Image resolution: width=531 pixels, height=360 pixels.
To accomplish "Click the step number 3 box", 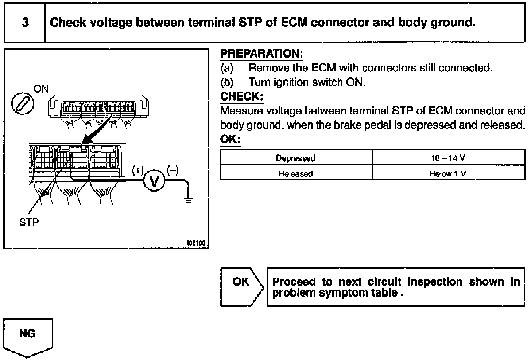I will click(25, 23).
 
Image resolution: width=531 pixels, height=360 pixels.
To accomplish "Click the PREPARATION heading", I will click(261, 54).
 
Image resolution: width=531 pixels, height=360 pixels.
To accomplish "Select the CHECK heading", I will click(241, 97).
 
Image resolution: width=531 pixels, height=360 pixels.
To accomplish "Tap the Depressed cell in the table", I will click(296, 158).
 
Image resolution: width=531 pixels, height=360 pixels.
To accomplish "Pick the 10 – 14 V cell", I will click(448, 158).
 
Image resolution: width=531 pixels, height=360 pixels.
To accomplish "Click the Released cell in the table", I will click(296, 174).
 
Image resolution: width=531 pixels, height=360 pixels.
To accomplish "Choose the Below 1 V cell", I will click(448, 174).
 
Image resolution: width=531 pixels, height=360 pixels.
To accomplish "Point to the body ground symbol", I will click(188, 200).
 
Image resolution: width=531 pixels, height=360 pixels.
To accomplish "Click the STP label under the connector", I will click(29, 222).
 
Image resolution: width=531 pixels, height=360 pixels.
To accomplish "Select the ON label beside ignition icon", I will click(41, 89).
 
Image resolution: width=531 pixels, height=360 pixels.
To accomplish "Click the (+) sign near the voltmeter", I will click(137, 171).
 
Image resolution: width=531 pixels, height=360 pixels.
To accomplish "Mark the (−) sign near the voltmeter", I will click(173, 170).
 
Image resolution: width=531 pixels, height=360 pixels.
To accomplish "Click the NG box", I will click(28, 334).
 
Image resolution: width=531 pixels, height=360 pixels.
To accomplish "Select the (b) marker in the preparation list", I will click(227, 82).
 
